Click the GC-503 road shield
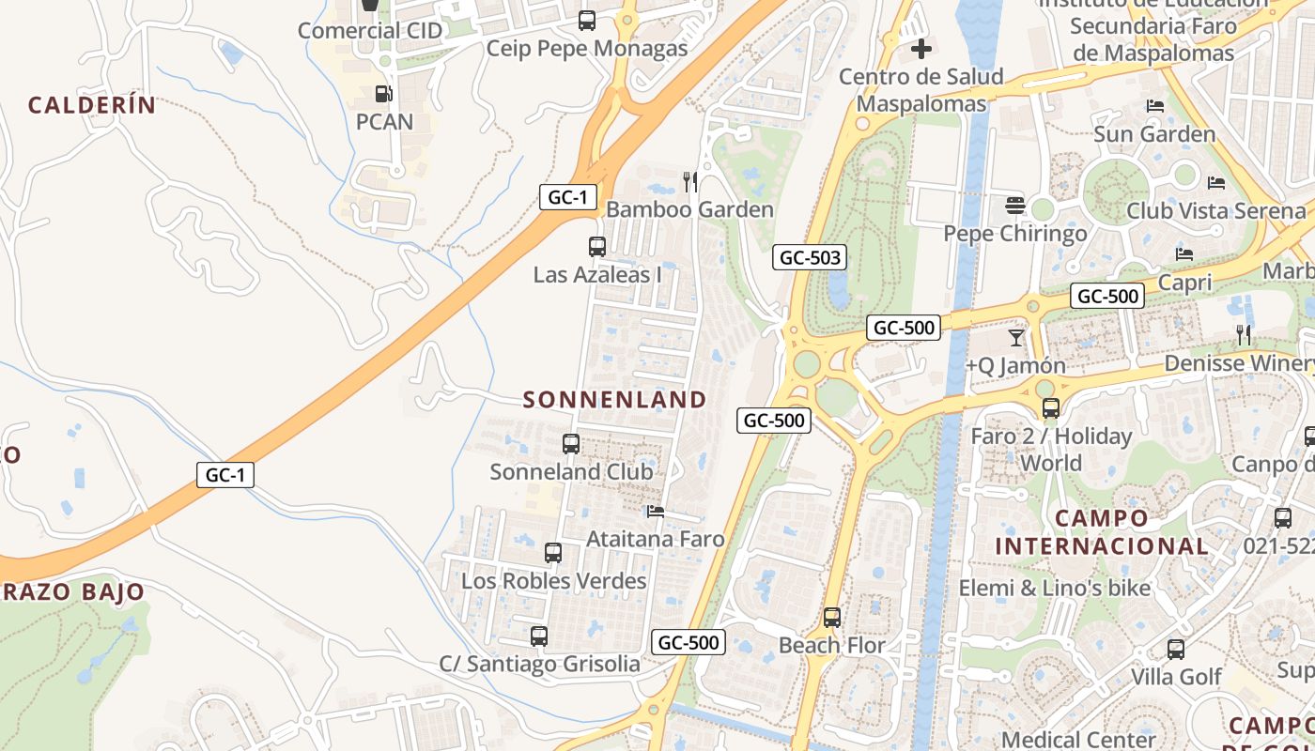click(x=809, y=257)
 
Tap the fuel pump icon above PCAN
click(x=383, y=94)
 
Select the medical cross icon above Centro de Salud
click(x=921, y=48)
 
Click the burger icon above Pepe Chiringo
click(x=1014, y=205)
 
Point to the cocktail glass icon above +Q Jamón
click(x=1015, y=337)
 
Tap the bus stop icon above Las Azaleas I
click(x=596, y=247)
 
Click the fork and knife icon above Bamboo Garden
click(x=690, y=181)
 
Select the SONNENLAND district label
click(x=614, y=400)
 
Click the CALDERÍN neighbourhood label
click(x=91, y=105)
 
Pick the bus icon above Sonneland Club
click(x=570, y=444)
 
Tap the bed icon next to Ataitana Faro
click(x=656, y=512)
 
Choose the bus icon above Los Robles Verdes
click(x=553, y=553)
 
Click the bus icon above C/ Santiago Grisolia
click(x=538, y=636)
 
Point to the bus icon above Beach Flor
click(x=831, y=618)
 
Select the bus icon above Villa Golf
click(x=1175, y=649)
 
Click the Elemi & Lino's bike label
click(x=1054, y=589)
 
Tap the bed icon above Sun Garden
click(x=1155, y=106)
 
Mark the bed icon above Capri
click(x=1184, y=254)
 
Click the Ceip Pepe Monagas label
click(x=587, y=48)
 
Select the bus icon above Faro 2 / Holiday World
click(x=1050, y=408)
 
